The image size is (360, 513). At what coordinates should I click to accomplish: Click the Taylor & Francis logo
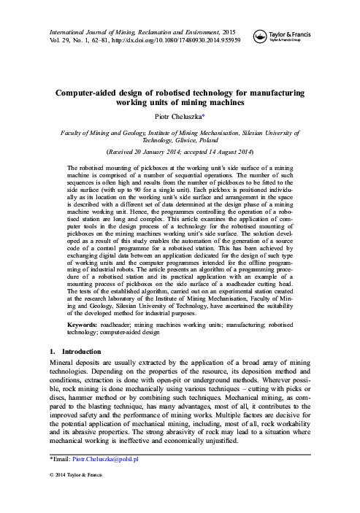pos(283,36)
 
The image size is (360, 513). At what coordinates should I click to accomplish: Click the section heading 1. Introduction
pos(66,350)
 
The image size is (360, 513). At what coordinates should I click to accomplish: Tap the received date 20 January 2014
pos(151,152)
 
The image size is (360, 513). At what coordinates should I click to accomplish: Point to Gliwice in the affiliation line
pos(186,141)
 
